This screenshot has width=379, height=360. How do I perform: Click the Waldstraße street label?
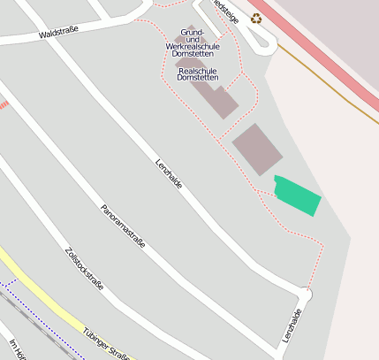[x=59, y=34]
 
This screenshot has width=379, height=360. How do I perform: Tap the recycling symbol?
[x=256, y=18]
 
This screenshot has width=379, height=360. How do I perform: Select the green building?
[x=297, y=195]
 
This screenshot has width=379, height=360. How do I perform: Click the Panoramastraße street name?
[x=123, y=226]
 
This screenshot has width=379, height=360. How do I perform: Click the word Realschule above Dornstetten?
[x=198, y=70]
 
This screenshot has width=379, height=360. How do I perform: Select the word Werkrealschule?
[x=193, y=45]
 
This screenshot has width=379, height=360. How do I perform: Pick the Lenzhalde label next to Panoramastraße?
[x=169, y=172]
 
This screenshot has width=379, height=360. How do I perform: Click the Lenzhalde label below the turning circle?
[x=293, y=326]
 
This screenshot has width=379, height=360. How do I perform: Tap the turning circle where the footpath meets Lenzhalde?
[x=307, y=293]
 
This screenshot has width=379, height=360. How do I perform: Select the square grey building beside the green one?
[x=257, y=148]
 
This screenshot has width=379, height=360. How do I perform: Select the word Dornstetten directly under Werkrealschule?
[x=193, y=54]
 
